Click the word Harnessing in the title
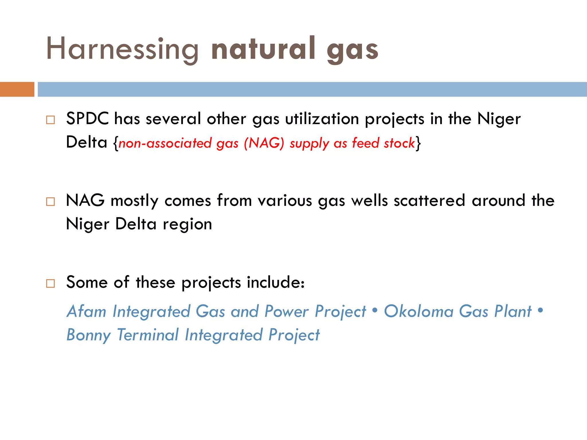coord(122,49)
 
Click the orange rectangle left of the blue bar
coord(17,89)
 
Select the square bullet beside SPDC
coord(50,120)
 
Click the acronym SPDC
coord(87,119)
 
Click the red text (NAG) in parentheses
coord(264,143)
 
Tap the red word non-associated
coord(165,143)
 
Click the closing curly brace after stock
coord(418,143)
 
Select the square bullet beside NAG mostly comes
coord(50,202)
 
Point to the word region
coord(187,224)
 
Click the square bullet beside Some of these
coord(50,283)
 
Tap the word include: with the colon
coord(275,282)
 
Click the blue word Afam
coord(86,311)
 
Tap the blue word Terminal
coord(148,335)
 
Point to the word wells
coord(369,200)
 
